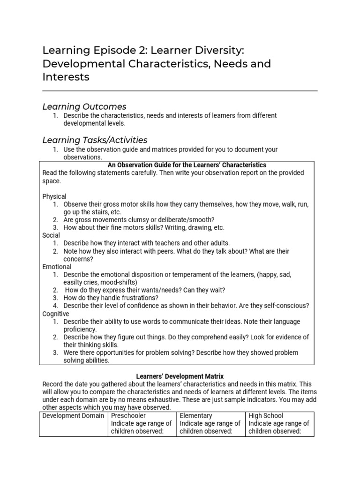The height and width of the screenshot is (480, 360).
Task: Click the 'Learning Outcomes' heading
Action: click(84, 106)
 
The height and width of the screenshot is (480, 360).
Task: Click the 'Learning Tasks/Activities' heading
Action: click(95, 140)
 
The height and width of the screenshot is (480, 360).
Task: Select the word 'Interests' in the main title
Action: click(66, 76)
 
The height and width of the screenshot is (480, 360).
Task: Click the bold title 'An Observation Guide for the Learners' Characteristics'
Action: click(187, 165)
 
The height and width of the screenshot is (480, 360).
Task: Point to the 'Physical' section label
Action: click(54, 196)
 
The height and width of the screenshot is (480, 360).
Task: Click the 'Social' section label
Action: click(51, 235)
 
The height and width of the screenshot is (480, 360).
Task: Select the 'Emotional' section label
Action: click(57, 267)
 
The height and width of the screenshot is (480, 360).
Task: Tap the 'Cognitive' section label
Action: click(56, 314)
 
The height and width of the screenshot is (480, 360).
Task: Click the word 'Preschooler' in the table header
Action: click(128, 415)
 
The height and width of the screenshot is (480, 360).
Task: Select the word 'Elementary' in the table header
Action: click(196, 415)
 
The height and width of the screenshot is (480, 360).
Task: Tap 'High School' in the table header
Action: click(266, 415)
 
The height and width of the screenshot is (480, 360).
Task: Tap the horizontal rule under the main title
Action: click(180, 90)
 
